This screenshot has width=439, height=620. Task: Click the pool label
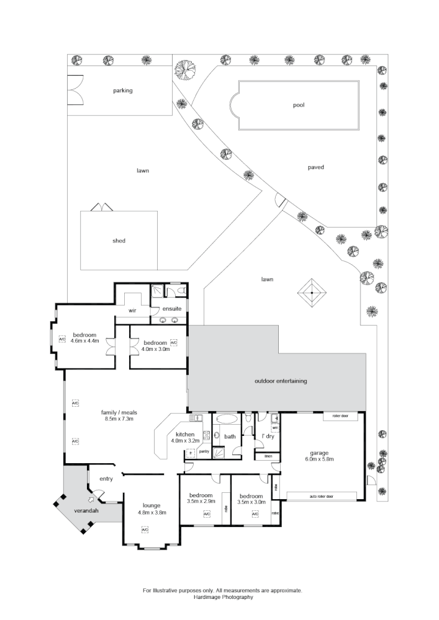[x=299, y=105]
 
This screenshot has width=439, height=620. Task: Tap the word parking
[x=122, y=91]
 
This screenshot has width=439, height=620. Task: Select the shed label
[x=119, y=241]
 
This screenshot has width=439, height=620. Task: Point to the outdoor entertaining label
[x=281, y=381]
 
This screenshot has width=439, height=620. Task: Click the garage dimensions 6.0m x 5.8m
[x=319, y=459]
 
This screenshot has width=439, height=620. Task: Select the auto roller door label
[x=318, y=497]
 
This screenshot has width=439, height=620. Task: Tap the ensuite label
[x=171, y=309]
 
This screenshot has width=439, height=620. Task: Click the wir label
[x=132, y=310]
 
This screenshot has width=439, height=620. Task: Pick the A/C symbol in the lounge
[x=145, y=530]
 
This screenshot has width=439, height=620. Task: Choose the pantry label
[x=204, y=451]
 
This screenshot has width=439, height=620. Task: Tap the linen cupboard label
[x=268, y=457]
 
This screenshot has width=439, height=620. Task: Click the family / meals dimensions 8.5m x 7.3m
[x=119, y=419]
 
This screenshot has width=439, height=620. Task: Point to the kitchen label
[x=186, y=434]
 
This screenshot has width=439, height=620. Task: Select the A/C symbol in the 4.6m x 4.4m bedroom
[x=62, y=339]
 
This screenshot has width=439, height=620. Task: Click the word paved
[x=315, y=167]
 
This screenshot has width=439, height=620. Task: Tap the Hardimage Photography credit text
[x=222, y=598]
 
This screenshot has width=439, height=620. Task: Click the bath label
[x=230, y=436]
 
